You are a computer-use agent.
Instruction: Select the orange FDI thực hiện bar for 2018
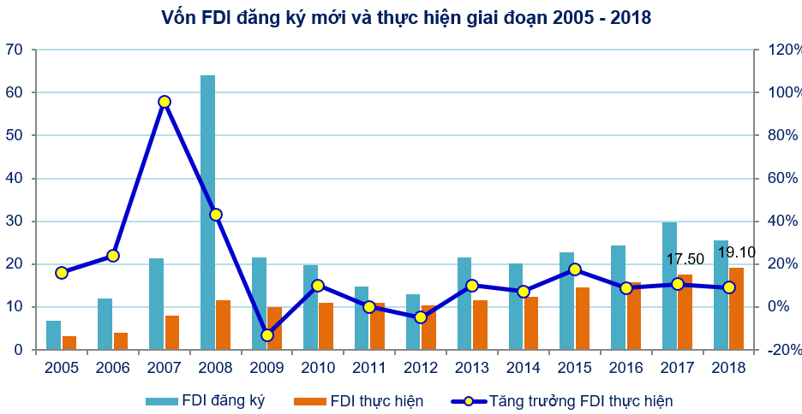point(736,309)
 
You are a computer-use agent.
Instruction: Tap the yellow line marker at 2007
point(165,102)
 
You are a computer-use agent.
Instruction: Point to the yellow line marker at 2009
point(267,335)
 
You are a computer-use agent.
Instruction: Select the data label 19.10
point(737,252)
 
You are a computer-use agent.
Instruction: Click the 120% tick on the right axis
point(778,50)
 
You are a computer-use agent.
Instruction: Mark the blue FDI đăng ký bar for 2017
point(669,286)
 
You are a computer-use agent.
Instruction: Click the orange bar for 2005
point(69,343)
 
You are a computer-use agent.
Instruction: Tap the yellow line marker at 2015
point(575,269)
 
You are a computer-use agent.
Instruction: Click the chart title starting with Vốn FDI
point(400,18)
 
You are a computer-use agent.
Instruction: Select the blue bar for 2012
point(413,322)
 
